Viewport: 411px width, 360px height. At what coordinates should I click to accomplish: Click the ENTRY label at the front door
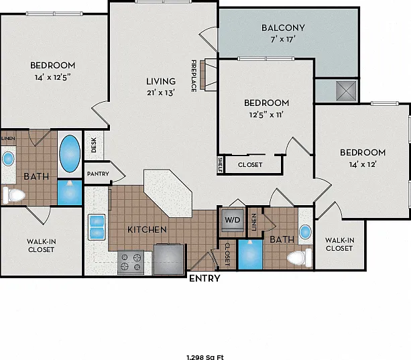pyautogui.click(x=204, y=278)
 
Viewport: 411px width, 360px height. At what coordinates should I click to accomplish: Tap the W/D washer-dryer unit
pyautogui.click(x=233, y=220)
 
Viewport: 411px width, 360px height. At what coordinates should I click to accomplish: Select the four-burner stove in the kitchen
pyautogui.click(x=131, y=262)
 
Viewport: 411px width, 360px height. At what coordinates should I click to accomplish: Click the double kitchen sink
pyautogui.click(x=97, y=227)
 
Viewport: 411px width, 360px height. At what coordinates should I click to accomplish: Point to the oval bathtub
pyautogui.click(x=70, y=154)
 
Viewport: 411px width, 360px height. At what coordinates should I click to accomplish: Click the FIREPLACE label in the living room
pyautogui.click(x=194, y=76)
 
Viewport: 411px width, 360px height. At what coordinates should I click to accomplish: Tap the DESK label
pyautogui.click(x=94, y=145)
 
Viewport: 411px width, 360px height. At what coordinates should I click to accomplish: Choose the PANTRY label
pyautogui.click(x=98, y=174)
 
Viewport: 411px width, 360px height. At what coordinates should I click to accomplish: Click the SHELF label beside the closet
pyautogui.click(x=221, y=165)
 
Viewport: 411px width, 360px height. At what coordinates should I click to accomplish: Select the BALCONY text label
pyautogui.click(x=283, y=27)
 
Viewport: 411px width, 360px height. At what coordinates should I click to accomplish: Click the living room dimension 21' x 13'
pyautogui.click(x=161, y=93)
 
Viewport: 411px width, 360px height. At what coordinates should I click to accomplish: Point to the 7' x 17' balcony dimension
pyautogui.click(x=283, y=40)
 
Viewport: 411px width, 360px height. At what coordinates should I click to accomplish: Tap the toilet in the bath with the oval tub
pyautogui.click(x=14, y=194)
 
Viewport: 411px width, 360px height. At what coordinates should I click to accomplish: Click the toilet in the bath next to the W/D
pyautogui.click(x=300, y=257)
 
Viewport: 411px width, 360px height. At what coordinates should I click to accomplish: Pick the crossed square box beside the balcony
pyautogui.click(x=346, y=91)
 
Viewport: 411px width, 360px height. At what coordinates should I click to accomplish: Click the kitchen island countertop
pyautogui.click(x=168, y=193)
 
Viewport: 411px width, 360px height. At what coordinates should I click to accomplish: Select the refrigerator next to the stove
pyautogui.click(x=169, y=259)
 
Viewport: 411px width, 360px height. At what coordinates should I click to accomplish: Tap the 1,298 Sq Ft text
pyautogui.click(x=205, y=357)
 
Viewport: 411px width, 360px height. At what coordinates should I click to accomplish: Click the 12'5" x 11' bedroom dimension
pyautogui.click(x=266, y=115)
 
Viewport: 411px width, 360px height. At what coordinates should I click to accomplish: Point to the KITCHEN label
pyautogui.click(x=147, y=230)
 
